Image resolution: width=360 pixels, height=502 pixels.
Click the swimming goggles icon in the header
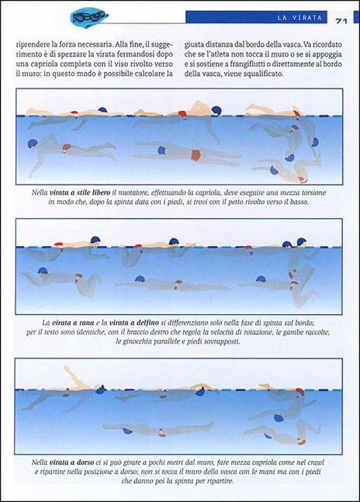click(88, 17)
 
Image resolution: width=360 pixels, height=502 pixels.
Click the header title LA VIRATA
click(299, 18)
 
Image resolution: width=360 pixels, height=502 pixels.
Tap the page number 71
click(341, 21)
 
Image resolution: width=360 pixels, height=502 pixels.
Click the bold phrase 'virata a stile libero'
click(80, 192)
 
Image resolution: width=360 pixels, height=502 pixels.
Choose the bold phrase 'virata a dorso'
click(71, 462)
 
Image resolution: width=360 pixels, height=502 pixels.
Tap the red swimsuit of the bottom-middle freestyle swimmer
click(196, 155)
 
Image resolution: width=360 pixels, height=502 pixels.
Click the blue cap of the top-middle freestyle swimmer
click(216, 110)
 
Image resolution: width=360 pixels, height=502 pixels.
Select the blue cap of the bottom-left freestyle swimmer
click(33, 144)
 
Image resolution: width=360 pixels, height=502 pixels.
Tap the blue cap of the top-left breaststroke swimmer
click(95, 240)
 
